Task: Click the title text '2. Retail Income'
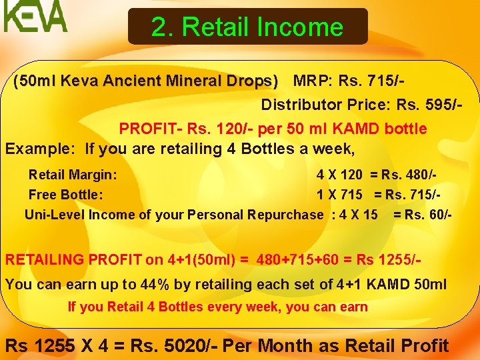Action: (247, 27)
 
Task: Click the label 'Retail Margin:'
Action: (73, 175)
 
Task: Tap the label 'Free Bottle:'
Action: (65, 195)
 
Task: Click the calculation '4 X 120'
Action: (339, 175)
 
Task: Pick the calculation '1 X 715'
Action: (339, 195)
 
